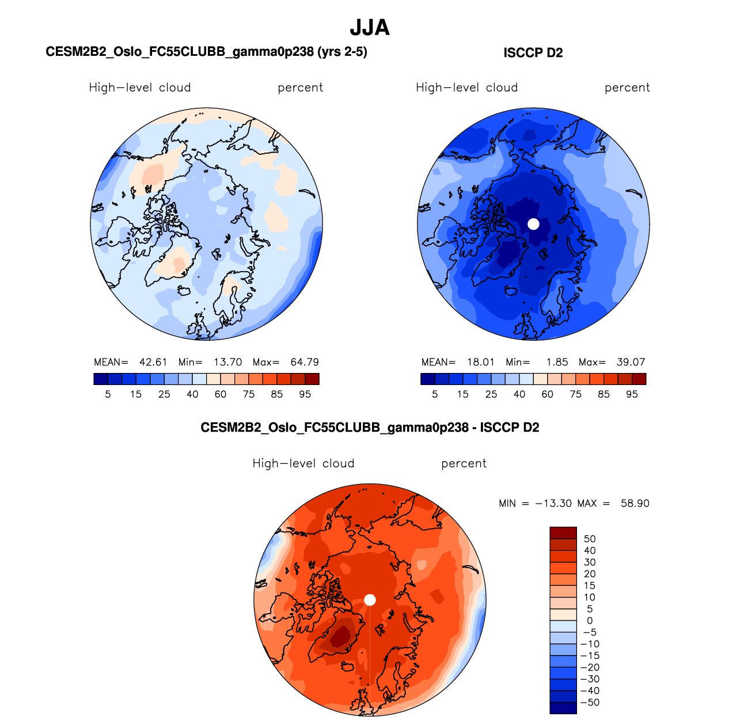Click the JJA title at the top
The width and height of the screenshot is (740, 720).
[370, 28]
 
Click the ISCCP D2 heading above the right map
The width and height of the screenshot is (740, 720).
[533, 53]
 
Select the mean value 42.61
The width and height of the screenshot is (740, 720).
[153, 362]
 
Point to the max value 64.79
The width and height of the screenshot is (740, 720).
[305, 362]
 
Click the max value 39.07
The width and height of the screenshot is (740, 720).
[631, 362]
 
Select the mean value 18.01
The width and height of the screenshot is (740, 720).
[481, 362]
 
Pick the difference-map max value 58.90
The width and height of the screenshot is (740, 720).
[635, 503]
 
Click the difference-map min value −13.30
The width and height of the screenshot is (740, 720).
[553, 503]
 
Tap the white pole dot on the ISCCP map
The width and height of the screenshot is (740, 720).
[533, 224]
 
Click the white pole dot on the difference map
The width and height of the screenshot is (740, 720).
[370, 600]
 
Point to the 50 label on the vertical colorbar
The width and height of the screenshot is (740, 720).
[590, 539]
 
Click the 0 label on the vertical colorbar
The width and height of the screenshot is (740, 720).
[590, 620]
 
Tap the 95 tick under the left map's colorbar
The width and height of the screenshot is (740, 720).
[305, 394]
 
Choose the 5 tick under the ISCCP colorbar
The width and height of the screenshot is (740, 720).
[435, 394]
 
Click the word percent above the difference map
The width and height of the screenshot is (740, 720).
[464, 463]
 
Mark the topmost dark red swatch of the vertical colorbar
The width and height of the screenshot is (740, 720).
[563, 533]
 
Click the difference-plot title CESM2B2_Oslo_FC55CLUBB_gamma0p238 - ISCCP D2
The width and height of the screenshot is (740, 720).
[370, 428]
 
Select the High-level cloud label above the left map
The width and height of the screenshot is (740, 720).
[140, 87]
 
